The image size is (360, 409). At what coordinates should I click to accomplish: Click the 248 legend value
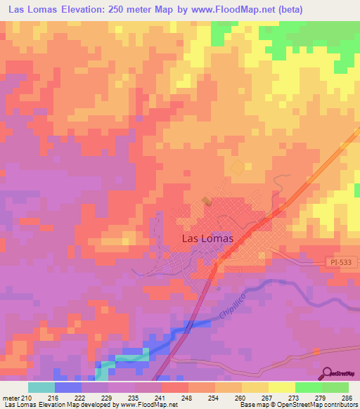coord(187,397)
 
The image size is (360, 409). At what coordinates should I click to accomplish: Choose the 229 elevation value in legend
coord(107,397)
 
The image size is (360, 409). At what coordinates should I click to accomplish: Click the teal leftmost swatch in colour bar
coord(41,387)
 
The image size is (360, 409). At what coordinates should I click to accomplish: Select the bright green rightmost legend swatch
coord(335,387)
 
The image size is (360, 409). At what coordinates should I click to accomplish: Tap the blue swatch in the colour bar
coord(67,387)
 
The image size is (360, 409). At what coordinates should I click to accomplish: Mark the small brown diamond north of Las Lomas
coord(205,200)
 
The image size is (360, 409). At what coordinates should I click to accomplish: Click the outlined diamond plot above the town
coord(238,168)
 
